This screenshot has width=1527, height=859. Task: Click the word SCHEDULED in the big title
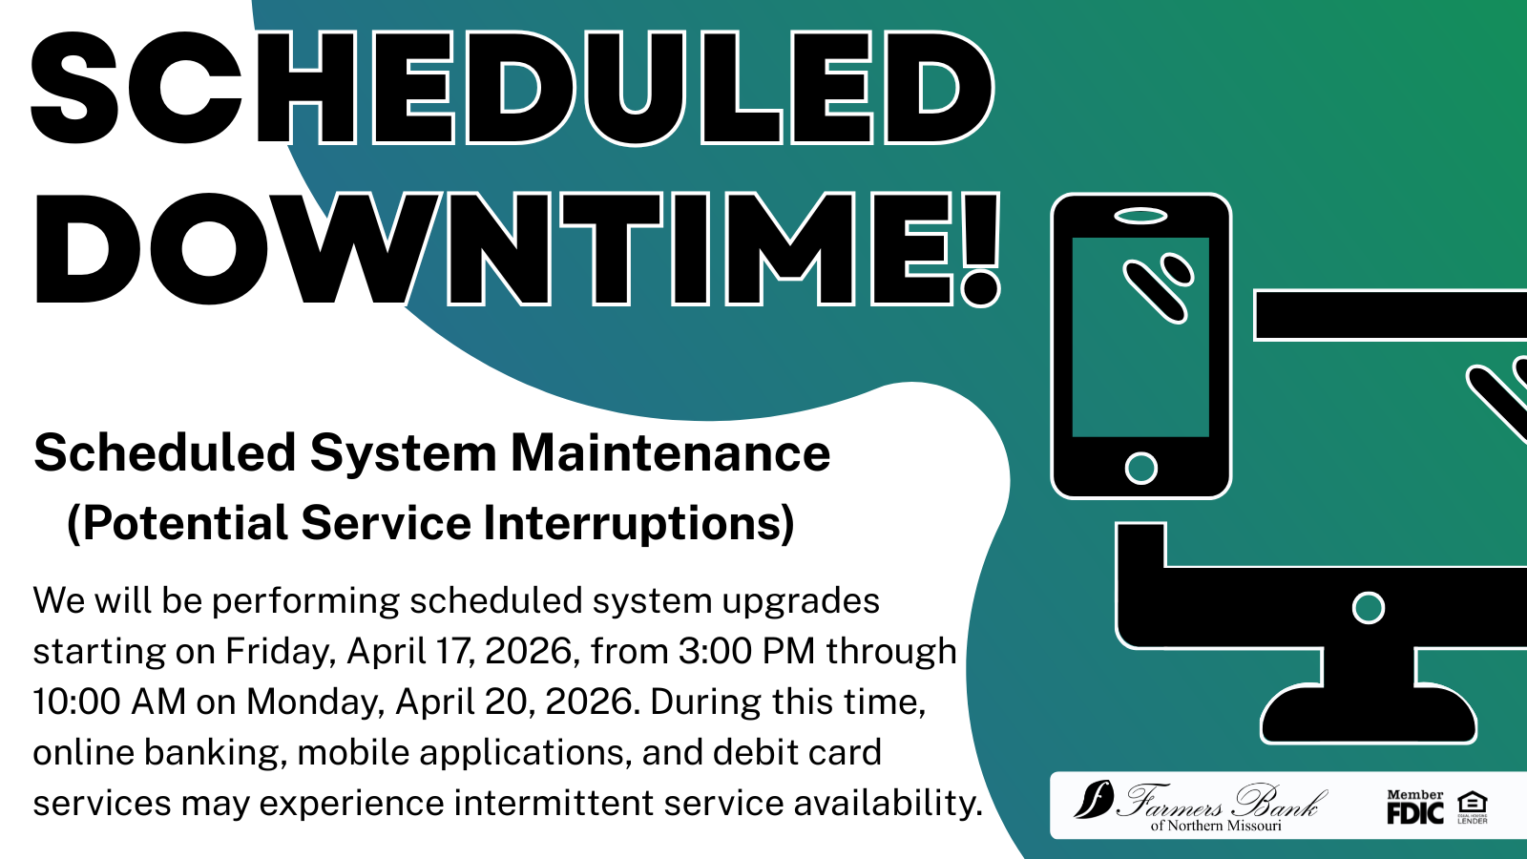[512, 88]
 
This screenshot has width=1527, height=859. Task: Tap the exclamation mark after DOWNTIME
[980, 249]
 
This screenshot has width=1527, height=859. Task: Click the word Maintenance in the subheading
[671, 452]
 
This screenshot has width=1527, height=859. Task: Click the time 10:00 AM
[109, 702]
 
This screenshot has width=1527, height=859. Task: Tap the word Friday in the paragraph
[281, 652]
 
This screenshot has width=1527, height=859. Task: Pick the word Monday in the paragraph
[316, 702]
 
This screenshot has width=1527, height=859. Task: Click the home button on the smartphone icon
[1140, 469]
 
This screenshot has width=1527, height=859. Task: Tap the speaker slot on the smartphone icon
[1140, 216]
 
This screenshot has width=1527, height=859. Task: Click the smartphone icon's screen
[1140, 337]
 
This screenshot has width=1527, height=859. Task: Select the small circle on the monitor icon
[1369, 608]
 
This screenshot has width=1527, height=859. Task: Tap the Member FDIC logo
[1415, 807]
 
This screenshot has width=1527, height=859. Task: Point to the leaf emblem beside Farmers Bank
[1094, 798]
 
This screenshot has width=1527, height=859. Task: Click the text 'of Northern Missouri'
[1216, 826]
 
